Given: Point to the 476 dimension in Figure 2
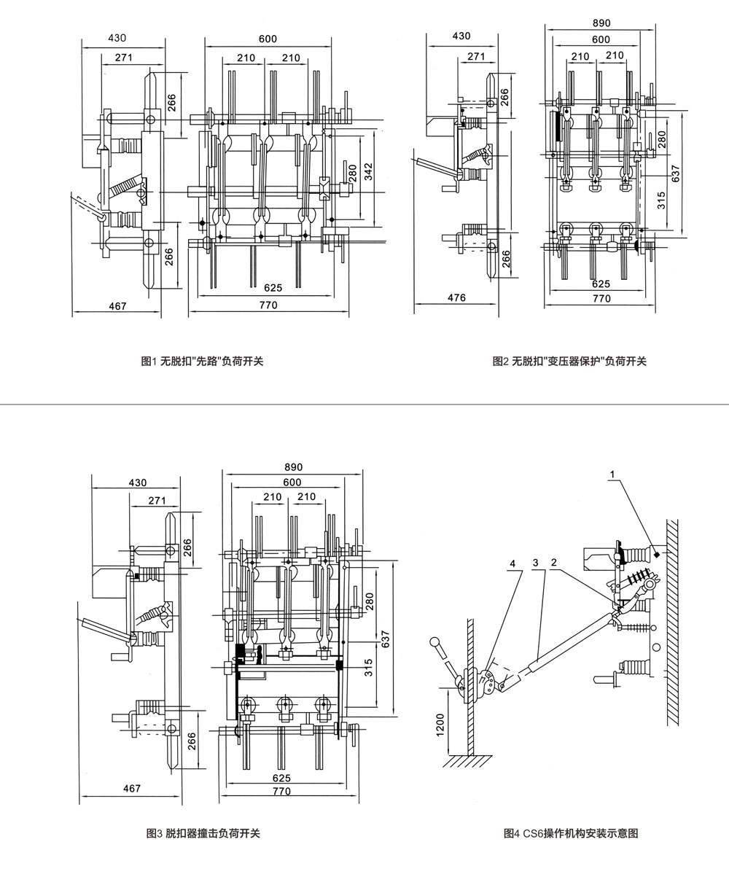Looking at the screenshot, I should tap(456, 297).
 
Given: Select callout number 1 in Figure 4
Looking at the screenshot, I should tap(612, 474).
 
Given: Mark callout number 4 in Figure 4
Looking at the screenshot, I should tap(513, 563).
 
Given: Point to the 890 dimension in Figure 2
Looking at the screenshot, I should tap(601, 23).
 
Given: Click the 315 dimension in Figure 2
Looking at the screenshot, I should tap(661, 200).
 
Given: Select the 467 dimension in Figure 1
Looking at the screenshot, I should tap(117, 306).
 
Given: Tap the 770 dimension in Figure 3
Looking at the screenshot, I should tap(281, 791).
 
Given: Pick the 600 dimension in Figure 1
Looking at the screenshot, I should tap(268, 39).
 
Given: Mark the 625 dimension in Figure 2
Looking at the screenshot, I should tap(601, 284).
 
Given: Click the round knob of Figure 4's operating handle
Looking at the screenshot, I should tap(436, 642).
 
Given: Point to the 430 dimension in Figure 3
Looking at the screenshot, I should tap(137, 483).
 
